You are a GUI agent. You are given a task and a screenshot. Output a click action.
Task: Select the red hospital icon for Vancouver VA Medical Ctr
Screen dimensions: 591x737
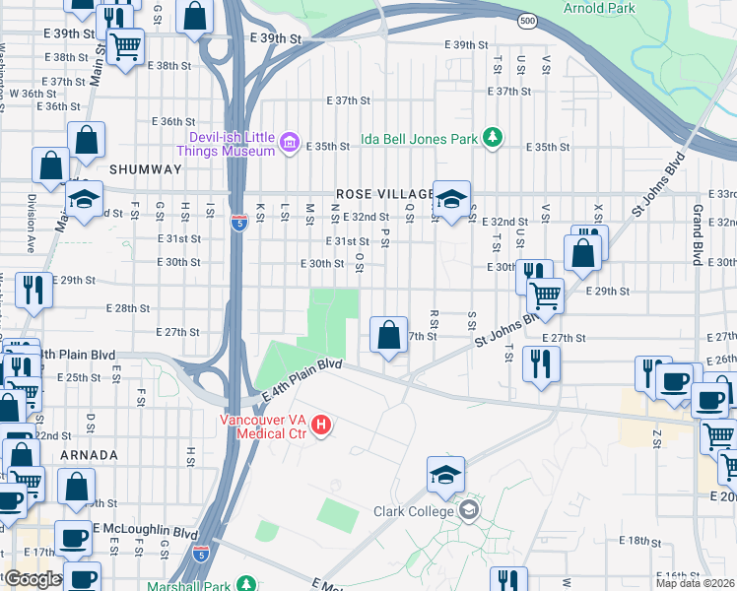pos(321,426)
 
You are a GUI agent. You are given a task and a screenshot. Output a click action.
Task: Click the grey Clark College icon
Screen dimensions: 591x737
pos(470,510)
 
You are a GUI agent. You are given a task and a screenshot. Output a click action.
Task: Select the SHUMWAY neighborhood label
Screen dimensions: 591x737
pos(146,169)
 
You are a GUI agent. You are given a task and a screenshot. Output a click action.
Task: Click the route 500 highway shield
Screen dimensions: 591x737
pos(529,20)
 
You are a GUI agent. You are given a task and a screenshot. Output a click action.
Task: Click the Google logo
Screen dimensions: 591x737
pos(32,578)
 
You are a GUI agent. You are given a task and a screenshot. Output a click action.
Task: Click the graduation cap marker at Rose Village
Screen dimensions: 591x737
pos(451,200)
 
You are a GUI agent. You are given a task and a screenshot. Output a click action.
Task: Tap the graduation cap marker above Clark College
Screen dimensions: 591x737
pos(445,475)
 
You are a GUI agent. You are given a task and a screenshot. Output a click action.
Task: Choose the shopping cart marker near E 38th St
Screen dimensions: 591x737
pos(126,46)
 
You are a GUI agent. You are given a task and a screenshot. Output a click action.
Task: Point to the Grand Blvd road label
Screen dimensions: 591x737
pos(698,237)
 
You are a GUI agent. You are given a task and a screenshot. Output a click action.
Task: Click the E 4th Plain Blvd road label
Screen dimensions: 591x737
pos(302,380)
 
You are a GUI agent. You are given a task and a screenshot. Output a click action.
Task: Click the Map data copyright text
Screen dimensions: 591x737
pos(696,583)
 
